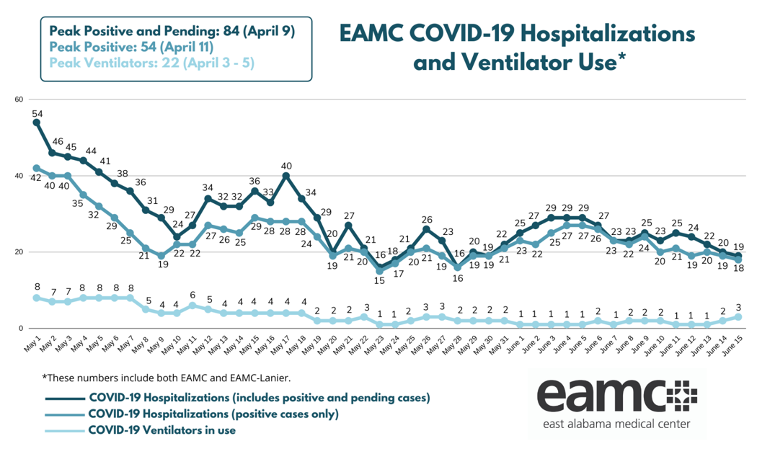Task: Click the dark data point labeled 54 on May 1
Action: pyautogui.click(x=37, y=123)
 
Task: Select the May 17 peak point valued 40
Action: pyautogui.click(x=286, y=176)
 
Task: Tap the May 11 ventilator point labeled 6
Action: pyautogui.click(x=192, y=306)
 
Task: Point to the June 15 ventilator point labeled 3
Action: pyautogui.click(x=738, y=317)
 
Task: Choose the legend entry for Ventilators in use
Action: pyautogui.click(x=162, y=430)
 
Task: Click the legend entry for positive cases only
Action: pyautogui.click(x=213, y=414)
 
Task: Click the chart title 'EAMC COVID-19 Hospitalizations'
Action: pyautogui.click(x=517, y=34)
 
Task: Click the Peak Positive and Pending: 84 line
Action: pyautogui.click(x=172, y=32)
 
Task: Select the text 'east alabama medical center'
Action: pyautogui.click(x=614, y=424)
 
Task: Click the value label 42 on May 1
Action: pyautogui.click(x=36, y=179)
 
